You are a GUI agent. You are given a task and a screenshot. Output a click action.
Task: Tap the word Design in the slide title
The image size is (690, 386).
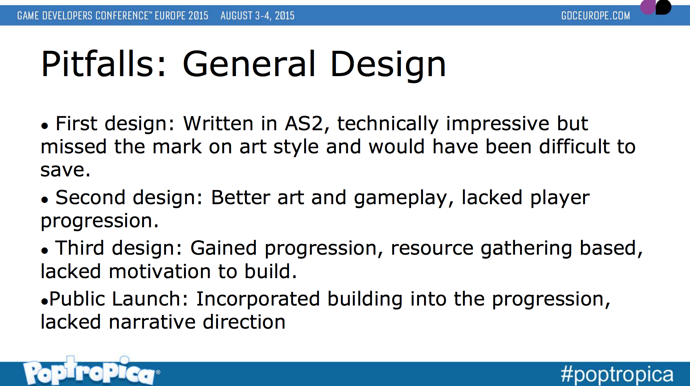point(388,65)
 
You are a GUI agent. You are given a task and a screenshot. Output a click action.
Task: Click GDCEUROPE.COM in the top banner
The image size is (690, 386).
point(595,16)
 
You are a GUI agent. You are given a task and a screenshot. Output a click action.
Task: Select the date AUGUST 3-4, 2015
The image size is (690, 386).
point(257,16)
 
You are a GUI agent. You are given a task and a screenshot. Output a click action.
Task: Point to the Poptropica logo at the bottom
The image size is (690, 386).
point(91,371)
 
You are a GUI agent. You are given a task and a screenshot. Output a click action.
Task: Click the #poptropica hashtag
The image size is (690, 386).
point(617,374)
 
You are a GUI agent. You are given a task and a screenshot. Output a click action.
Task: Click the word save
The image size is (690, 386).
point(65,170)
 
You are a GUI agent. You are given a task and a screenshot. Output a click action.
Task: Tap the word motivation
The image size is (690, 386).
point(160,271)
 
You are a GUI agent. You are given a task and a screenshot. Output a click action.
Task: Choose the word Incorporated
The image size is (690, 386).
point(258,299)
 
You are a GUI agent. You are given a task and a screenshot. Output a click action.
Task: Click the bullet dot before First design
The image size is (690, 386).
point(44,126)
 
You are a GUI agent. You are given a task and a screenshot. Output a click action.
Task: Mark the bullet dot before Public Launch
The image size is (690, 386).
point(44,301)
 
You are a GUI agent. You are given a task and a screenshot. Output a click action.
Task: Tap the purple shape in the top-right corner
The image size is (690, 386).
point(648,6)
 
